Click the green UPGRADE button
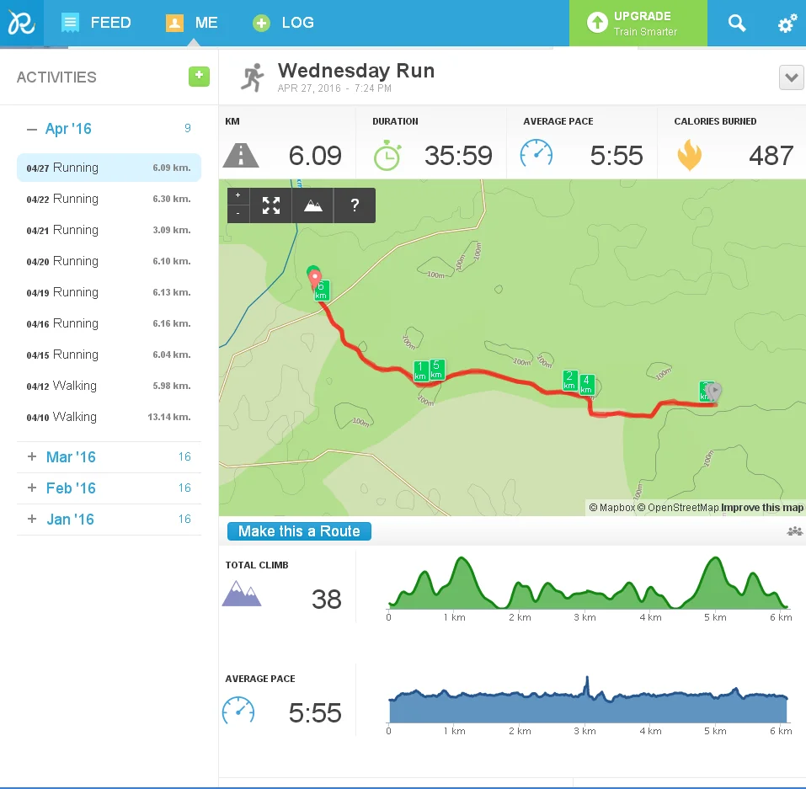point(638,24)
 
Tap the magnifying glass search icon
point(737,24)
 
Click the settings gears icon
point(787,24)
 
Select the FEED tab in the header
point(97,23)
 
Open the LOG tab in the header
point(284,23)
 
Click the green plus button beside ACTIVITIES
point(199,77)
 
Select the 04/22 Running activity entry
point(109,199)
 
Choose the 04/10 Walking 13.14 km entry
point(109,417)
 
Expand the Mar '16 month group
point(71,457)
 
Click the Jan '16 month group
point(70,520)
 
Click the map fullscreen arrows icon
point(271,205)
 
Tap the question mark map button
point(355,205)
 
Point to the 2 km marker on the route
point(569,381)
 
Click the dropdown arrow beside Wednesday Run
point(791,78)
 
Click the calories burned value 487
point(770,156)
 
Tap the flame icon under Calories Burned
point(689,156)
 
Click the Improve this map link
point(762,508)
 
